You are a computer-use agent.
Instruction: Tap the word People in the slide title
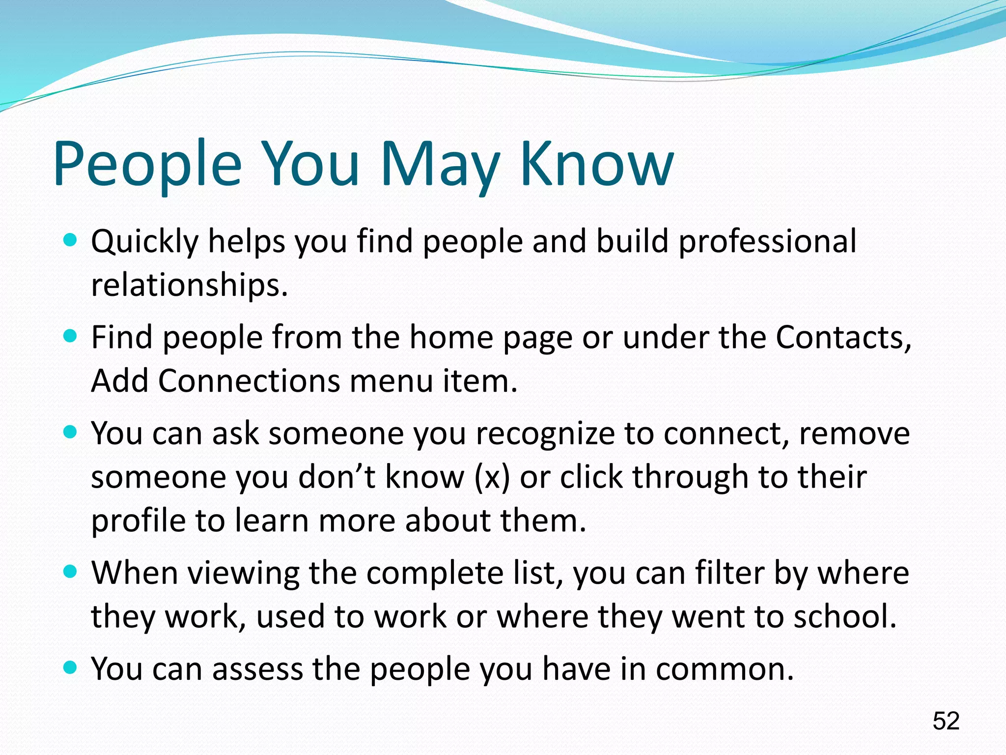point(147,165)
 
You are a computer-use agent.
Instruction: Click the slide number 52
point(946,721)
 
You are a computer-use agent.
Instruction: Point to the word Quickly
point(145,242)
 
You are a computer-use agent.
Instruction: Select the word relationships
point(189,285)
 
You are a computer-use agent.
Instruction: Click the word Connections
point(249,381)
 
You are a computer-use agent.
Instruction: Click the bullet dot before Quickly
point(71,240)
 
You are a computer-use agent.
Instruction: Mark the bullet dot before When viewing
point(71,572)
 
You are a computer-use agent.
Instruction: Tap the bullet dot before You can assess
point(71,668)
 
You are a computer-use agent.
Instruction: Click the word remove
point(854,434)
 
